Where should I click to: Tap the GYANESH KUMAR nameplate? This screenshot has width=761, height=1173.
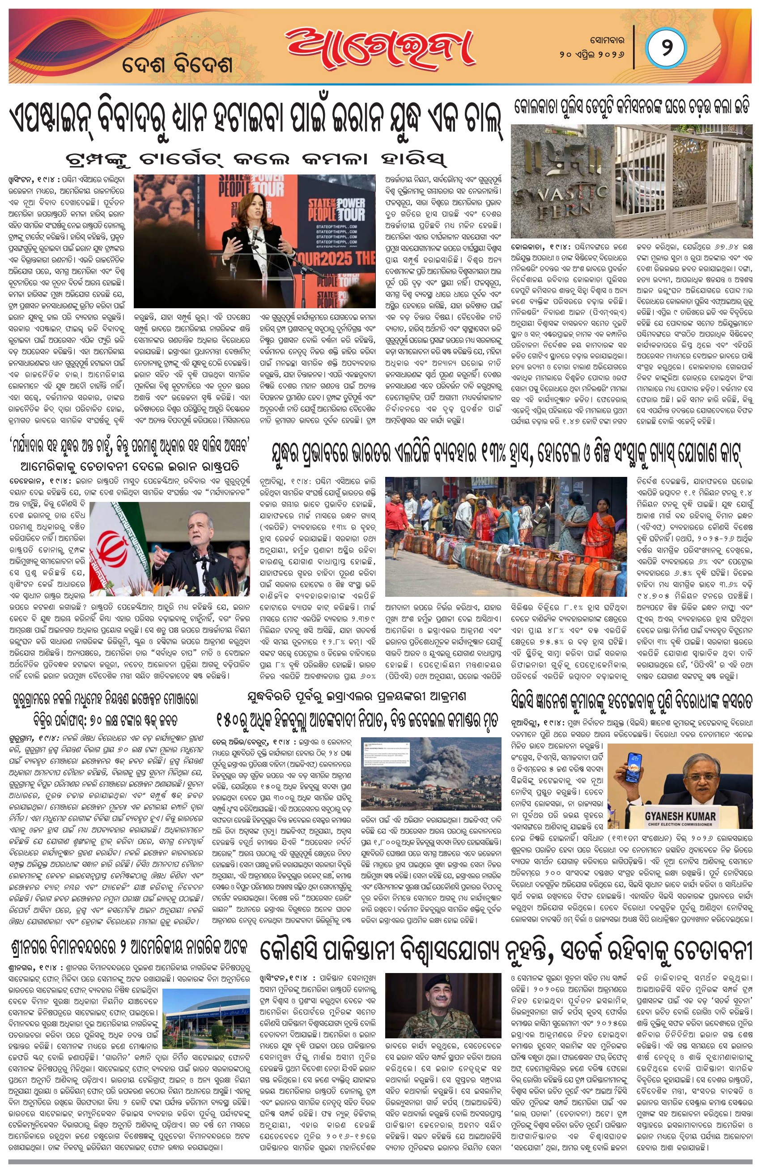[680, 818]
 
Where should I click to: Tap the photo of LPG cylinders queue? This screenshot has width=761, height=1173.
[506, 537]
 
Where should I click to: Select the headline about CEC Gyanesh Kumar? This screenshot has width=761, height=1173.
[631, 701]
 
